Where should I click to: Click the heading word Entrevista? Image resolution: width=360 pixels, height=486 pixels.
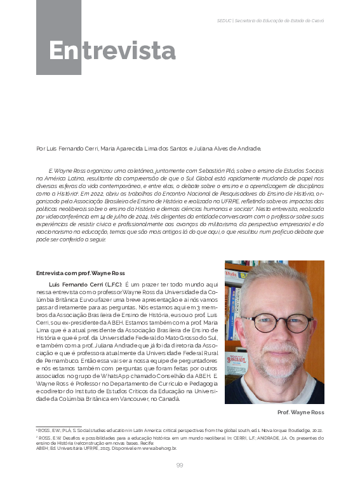pos(112,50)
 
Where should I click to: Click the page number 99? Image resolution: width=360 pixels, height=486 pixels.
pos(180,464)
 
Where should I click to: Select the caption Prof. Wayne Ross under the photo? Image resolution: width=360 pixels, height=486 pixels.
pos(301,412)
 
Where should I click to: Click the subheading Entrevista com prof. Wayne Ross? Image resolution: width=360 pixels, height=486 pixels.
pos(80,273)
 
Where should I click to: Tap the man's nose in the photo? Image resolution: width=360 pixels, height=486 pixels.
pos(275,334)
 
